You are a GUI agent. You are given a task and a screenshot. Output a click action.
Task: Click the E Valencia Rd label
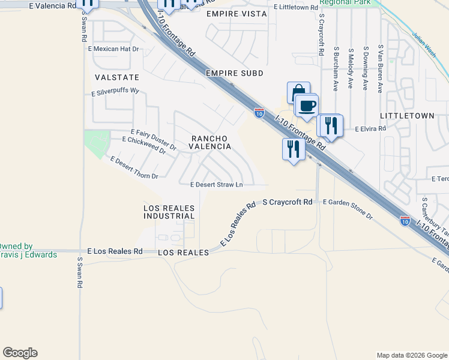(52, 5)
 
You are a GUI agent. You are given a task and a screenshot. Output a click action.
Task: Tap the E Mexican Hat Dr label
(113, 49)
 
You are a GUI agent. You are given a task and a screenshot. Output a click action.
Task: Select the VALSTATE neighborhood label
(116, 77)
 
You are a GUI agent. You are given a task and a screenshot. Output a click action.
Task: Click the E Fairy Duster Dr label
(153, 139)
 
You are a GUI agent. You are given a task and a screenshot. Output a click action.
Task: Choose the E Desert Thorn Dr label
(134, 169)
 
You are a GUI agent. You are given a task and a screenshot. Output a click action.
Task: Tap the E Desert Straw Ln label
(216, 185)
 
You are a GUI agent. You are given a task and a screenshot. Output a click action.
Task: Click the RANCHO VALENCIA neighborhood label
(210, 142)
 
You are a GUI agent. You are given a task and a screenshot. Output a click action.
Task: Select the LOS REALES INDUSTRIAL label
(169, 212)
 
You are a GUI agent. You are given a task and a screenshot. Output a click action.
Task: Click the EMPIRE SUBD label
(234, 73)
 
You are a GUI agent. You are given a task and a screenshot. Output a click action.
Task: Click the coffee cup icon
(307, 106)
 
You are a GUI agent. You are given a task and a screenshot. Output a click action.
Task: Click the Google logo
(20, 353)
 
